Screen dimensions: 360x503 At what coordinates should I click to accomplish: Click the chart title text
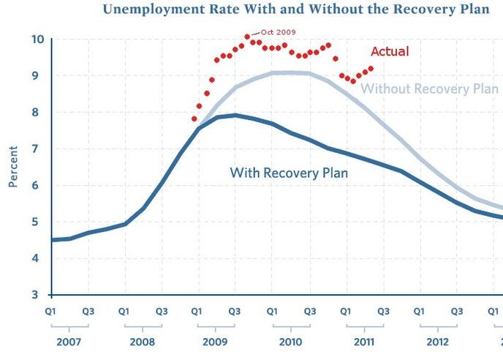295,10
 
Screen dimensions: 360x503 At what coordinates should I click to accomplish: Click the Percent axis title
13,167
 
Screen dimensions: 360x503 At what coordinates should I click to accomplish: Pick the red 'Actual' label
390,52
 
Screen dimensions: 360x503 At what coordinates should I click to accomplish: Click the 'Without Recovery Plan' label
430,89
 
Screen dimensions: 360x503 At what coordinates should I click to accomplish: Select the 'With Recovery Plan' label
289,173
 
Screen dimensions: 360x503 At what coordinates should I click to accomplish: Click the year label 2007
69,342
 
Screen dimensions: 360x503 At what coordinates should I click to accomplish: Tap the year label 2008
143,342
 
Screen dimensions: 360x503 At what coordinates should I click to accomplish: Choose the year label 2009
216,342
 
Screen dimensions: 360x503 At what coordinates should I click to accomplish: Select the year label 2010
290,342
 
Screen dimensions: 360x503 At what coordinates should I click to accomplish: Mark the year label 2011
363,342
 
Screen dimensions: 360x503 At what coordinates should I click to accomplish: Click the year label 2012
437,342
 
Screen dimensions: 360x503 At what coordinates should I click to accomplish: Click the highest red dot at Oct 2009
247,37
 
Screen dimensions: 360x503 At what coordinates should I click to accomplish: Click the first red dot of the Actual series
194,119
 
